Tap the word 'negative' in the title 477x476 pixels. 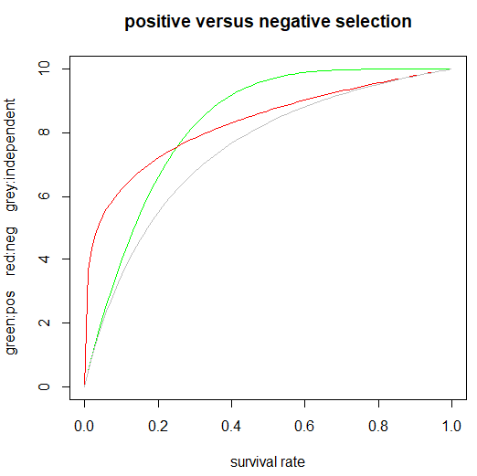point(285,21)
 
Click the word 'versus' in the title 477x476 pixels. point(221,21)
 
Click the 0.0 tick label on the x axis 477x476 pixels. point(84,426)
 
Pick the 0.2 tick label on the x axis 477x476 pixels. point(158,426)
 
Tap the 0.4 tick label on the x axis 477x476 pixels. point(231,426)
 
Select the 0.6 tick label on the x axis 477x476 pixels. point(304,426)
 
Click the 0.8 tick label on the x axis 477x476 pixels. point(378,426)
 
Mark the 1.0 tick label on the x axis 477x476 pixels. point(451,426)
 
